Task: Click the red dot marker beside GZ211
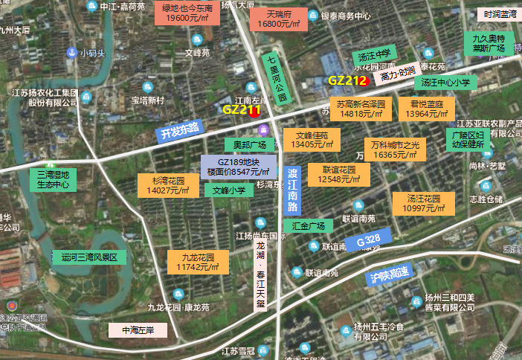(255, 112)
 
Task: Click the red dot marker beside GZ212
(363, 80)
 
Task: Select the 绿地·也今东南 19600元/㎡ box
(187, 13)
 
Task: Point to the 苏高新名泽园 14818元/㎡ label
(360, 109)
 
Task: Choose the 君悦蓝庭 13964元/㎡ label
(426, 109)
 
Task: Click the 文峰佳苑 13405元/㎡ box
(312, 140)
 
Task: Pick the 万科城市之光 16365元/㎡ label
(395, 150)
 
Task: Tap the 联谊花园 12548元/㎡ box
(338, 175)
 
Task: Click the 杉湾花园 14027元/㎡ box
(168, 185)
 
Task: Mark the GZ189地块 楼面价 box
(238, 167)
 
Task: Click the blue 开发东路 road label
(178, 132)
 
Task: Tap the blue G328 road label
(368, 242)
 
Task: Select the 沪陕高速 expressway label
(389, 273)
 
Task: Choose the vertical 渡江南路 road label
(293, 191)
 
